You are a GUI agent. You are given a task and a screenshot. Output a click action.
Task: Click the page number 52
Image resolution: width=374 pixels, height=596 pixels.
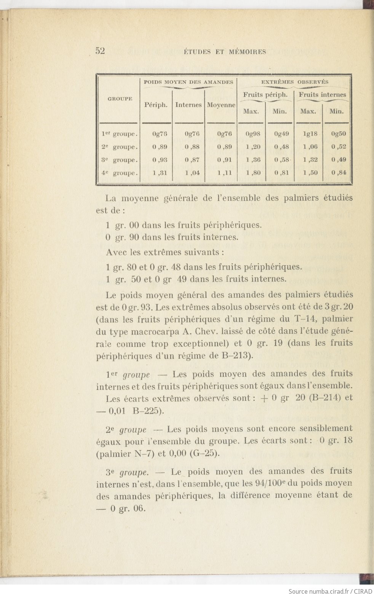coord(100,51)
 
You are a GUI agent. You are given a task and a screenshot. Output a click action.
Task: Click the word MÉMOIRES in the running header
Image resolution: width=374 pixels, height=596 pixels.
coord(247,52)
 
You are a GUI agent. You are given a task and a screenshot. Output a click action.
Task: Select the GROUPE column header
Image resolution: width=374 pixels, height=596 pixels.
coord(120,99)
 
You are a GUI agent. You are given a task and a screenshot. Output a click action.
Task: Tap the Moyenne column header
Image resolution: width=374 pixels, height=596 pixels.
coord(221,105)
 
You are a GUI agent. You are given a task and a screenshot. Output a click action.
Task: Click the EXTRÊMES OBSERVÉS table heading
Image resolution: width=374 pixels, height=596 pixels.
coord(294,82)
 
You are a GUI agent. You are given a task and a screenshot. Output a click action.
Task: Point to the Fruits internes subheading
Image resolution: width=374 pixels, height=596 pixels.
coord(322,94)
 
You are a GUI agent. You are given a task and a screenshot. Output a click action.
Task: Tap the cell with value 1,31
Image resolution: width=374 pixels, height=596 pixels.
coord(160,173)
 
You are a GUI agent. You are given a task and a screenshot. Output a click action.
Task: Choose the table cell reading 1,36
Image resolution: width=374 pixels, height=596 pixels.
coord(253,160)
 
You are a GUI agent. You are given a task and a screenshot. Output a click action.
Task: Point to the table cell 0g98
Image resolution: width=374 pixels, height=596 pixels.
coord(253,134)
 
